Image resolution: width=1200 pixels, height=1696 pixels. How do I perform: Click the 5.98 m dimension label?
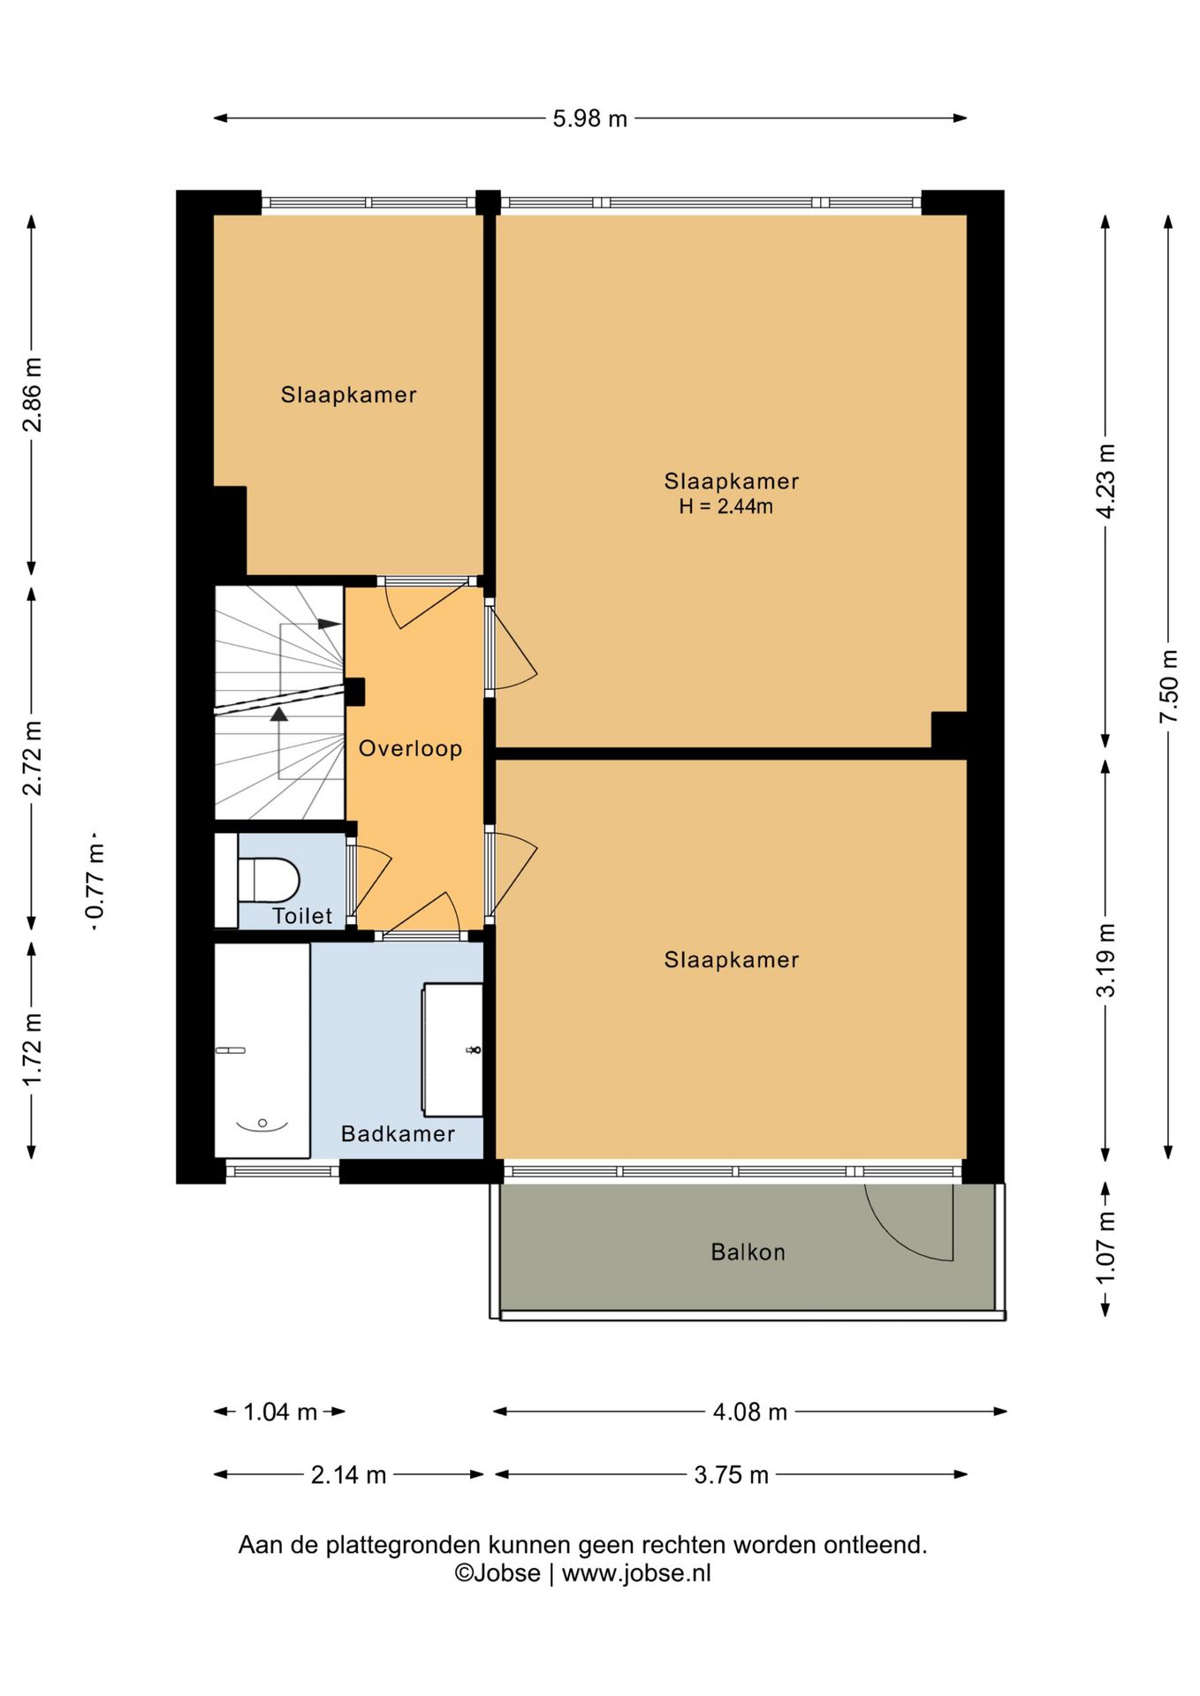pos(589,118)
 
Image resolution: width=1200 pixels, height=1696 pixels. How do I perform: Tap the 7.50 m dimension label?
pos(1169,686)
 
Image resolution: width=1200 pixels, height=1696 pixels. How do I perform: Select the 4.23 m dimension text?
pos(1105,481)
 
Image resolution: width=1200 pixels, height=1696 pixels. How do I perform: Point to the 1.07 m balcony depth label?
pos(1105,1248)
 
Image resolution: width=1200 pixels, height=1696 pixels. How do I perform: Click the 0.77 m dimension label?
pos(95,881)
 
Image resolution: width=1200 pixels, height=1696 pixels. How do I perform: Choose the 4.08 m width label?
pos(750,1412)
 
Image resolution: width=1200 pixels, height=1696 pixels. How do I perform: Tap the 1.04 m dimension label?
pos(280,1412)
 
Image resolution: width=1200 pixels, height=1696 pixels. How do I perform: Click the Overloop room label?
pos(410,749)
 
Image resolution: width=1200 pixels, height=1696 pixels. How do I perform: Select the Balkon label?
pos(748,1252)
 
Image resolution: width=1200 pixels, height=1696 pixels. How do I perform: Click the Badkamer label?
pos(398,1133)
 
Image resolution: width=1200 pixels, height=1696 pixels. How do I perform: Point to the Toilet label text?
pos(302,916)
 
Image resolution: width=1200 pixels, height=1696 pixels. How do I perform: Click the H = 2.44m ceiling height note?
pos(725,506)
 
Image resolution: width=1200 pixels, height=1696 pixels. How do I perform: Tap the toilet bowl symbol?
pos(269,880)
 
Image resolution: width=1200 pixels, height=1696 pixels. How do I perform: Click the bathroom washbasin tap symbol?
pos(475,1049)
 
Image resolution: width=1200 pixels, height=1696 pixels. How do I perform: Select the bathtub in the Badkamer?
pos(262,1050)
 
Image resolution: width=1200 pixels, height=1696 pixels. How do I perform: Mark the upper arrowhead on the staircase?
pos(329,625)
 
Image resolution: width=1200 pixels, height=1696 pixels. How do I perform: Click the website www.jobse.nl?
pos(636,1573)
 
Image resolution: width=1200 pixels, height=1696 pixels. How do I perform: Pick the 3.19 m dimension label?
pos(1105,960)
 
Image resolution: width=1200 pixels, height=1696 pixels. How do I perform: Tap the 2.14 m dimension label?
pos(348,1475)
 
